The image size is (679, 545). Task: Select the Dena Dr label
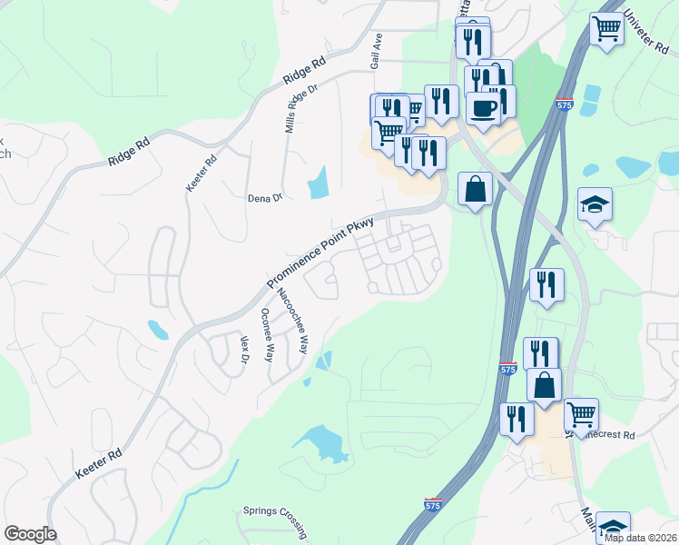pyautogui.click(x=265, y=197)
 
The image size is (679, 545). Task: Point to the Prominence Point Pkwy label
pyautogui.click(x=309, y=252)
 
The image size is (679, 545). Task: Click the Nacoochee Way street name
pyautogui.click(x=292, y=322)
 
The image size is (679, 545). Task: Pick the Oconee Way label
pyautogui.click(x=268, y=335)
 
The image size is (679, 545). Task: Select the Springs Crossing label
pyautogui.click(x=275, y=510)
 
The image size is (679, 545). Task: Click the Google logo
pyautogui.click(x=30, y=534)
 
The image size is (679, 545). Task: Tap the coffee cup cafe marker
pyautogui.click(x=483, y=109)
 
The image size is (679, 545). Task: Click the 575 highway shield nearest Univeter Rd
pyautogui.click(x=564, y=105)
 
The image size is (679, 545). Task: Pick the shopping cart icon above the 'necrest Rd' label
pyautogui.click(x=581, y=414)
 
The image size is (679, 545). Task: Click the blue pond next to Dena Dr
pyautogui.click(x=318, y=183)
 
